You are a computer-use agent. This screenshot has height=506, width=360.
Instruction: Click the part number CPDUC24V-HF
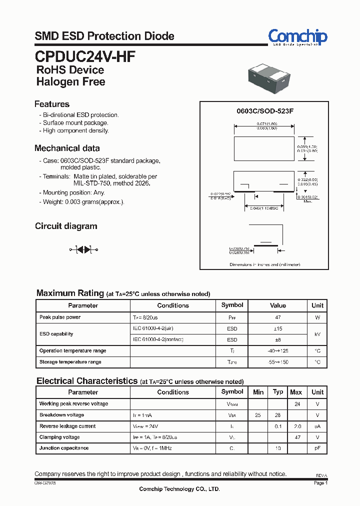point(85,55)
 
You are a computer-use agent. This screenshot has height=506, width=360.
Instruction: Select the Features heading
point(52,104)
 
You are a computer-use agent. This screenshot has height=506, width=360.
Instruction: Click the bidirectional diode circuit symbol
point(83,249)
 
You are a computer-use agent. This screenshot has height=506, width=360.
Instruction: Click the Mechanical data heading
point(67,148)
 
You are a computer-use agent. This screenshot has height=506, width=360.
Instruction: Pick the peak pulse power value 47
point(278,317)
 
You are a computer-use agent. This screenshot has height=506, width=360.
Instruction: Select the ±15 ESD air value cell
point(278,328)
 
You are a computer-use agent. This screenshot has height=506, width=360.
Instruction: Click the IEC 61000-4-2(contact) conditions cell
point(158,339)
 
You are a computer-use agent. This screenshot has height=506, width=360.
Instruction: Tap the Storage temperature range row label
point(70,361)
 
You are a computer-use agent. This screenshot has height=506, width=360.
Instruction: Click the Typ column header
point(278,392)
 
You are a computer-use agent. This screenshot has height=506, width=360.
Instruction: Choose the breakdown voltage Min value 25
point(258,415)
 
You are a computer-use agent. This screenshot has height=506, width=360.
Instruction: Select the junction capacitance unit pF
point(317,448)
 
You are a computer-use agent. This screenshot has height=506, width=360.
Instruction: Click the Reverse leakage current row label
point(67,426)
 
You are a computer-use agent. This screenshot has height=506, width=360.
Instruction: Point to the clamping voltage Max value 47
point(297,437)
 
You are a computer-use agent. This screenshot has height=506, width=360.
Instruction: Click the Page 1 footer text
point(320,483)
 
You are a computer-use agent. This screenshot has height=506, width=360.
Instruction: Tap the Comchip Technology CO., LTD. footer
point(179,489)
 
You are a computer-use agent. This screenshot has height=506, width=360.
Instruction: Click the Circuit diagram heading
point(66,226)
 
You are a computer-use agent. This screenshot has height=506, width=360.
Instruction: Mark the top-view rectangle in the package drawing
point(264,148)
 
